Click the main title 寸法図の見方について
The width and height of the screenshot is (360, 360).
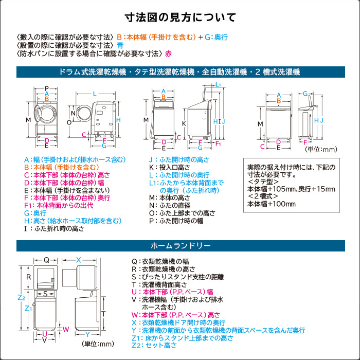tap(180, 17)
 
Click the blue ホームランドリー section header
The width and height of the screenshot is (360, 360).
tap(181, 246)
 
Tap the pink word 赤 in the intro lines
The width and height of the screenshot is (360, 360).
tap(168, 53)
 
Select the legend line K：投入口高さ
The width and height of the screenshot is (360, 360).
tap(170, 167)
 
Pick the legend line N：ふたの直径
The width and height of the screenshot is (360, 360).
tap(170, 205)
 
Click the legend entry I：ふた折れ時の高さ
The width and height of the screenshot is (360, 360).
tap(55, 228)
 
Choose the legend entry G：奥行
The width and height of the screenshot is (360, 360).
tap(35, 213)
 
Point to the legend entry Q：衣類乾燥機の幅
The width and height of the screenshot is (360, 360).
tap(160, 261)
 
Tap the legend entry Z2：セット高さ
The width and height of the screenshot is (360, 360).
tap(154, 345)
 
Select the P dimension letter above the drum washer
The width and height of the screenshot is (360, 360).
tap(47, 88)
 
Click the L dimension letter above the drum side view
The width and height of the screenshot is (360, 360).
tap(95, 94)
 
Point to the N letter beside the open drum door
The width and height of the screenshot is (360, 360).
tap(73, 113)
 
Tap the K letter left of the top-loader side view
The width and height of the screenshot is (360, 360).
tap(184, 123)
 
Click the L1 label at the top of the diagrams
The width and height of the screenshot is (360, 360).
tap(218, 84)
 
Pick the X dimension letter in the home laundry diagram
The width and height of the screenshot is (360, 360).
tap(79, 260)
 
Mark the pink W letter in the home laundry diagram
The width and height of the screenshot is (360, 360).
tap(66, 329)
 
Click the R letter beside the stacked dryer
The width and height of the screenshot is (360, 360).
tap(28, 277)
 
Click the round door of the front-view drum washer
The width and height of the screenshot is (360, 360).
tap(45, 114)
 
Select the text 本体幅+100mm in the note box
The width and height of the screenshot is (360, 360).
tap(272, 204)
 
